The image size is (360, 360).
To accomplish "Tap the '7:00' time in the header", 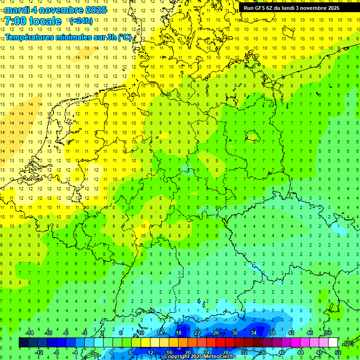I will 15,22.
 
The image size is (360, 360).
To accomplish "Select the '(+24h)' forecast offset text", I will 81,21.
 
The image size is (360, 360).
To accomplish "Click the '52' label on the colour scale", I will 338,352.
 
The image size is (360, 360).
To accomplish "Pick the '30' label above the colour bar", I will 235,333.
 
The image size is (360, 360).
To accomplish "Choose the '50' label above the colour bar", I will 328,333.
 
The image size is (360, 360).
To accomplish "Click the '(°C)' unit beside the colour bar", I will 349,343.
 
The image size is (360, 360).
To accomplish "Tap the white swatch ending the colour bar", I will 333,343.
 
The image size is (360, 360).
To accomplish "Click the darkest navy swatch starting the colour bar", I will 23,343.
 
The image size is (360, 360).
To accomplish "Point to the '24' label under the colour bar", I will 207,352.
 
